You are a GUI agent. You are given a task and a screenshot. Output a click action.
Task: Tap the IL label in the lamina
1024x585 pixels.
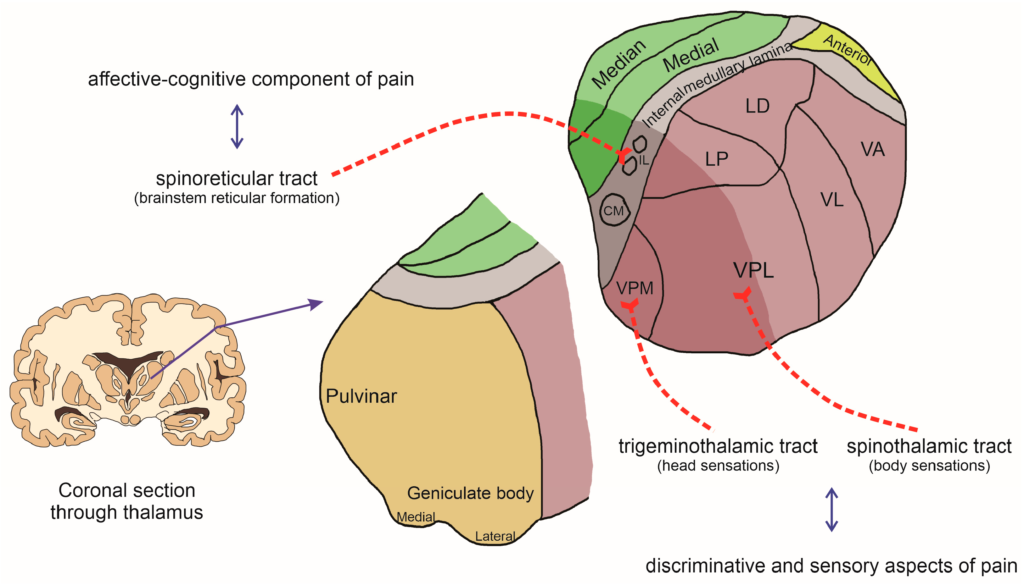(643, 161)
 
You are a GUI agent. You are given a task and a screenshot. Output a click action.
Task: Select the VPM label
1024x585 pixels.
(635, 288)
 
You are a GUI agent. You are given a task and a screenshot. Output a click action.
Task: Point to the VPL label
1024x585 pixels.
(753, 270)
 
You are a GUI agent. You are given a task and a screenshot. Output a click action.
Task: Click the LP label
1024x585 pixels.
(716, 159)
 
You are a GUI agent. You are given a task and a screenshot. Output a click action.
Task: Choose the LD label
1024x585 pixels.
(758, 106)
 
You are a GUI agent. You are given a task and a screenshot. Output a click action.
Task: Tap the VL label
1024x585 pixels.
(832, 200)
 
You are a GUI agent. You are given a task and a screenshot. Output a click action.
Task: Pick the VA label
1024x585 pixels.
(873, 149)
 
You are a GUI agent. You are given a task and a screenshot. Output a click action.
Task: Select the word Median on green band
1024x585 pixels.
(619, 64)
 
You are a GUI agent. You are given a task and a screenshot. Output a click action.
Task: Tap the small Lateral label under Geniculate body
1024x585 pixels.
(495, 536)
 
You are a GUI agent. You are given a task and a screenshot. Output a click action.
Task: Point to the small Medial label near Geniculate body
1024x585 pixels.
(416, 517)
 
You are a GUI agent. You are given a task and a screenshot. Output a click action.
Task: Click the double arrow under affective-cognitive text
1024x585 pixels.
(237, 127)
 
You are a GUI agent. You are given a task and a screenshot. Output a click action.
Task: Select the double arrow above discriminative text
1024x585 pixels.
(831, 510)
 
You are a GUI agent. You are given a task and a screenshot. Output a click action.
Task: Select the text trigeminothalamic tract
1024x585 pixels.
(718, 446)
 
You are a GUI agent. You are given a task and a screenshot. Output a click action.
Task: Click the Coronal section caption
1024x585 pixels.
(127, 501)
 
